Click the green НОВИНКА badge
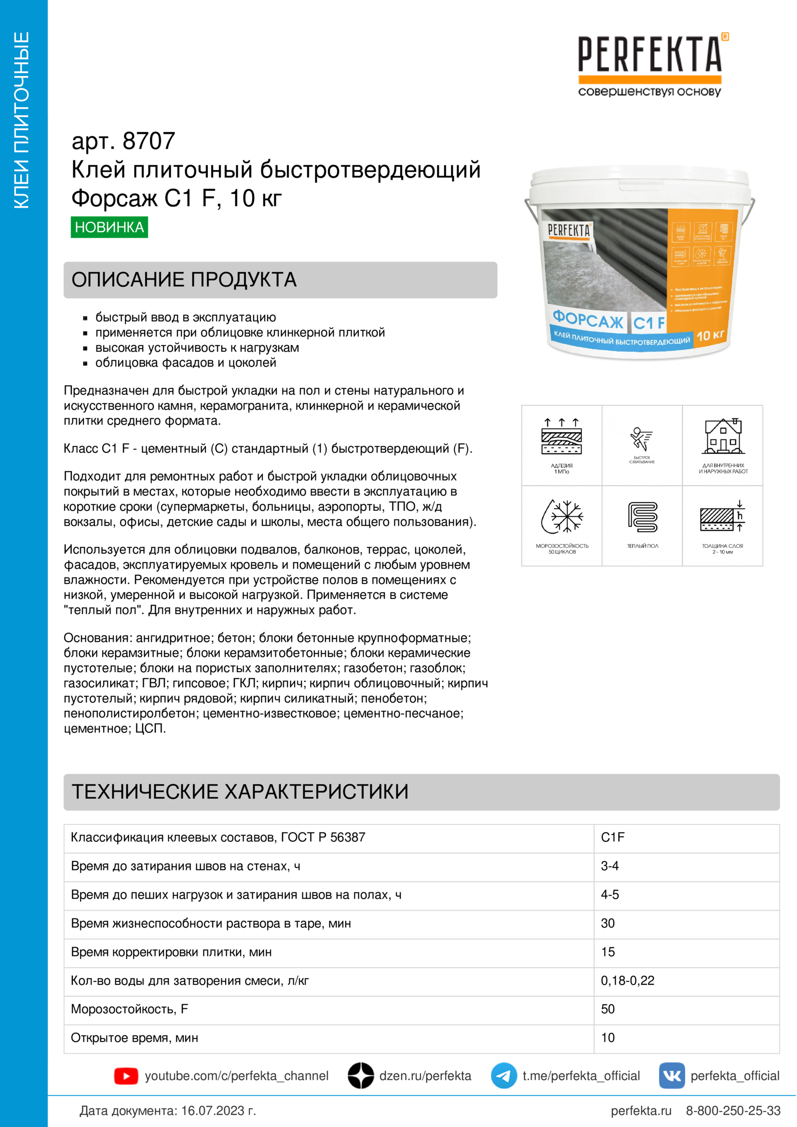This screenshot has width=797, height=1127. [109, 227]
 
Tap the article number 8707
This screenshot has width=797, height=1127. [149, 141]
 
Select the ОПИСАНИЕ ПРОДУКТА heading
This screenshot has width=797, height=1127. [184, 280]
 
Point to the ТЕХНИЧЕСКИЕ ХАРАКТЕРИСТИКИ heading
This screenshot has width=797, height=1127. [240, 792]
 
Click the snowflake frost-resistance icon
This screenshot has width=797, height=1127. [562, 517]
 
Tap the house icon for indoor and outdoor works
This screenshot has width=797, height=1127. [723, 437]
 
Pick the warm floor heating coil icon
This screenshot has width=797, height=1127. [642, 517]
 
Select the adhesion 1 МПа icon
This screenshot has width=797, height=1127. [562, 437]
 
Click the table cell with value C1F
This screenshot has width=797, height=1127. [613, 837]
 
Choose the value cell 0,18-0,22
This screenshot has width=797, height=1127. [628, 980]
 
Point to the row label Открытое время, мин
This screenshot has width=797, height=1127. [135, 1038]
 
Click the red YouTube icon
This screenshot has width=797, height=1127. [126, 1076]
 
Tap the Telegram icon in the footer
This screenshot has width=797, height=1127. [504, 1076]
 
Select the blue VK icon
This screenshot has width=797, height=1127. [672, 1076]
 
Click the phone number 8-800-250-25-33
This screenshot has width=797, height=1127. [733, 1111]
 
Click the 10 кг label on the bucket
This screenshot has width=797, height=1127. [710, 335]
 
